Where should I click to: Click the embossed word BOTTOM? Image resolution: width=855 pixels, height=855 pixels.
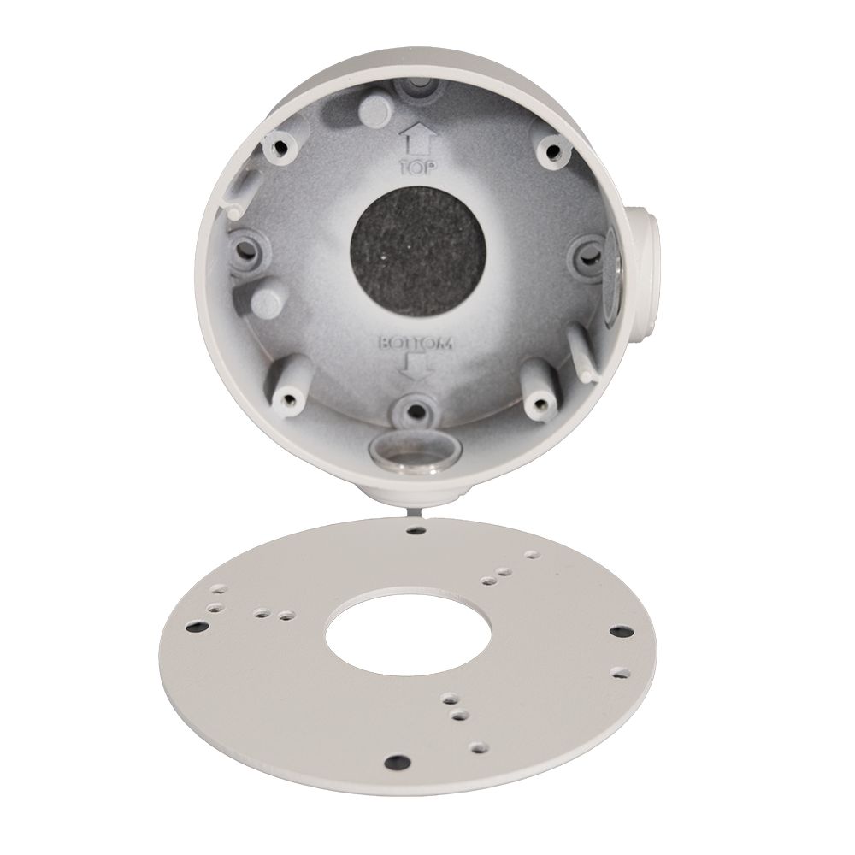[x=416, y=343]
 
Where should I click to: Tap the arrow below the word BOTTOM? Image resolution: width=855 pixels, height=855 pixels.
[x=415, y=366]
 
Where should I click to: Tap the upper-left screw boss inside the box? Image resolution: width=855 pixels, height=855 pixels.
[x=282, y=146]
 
